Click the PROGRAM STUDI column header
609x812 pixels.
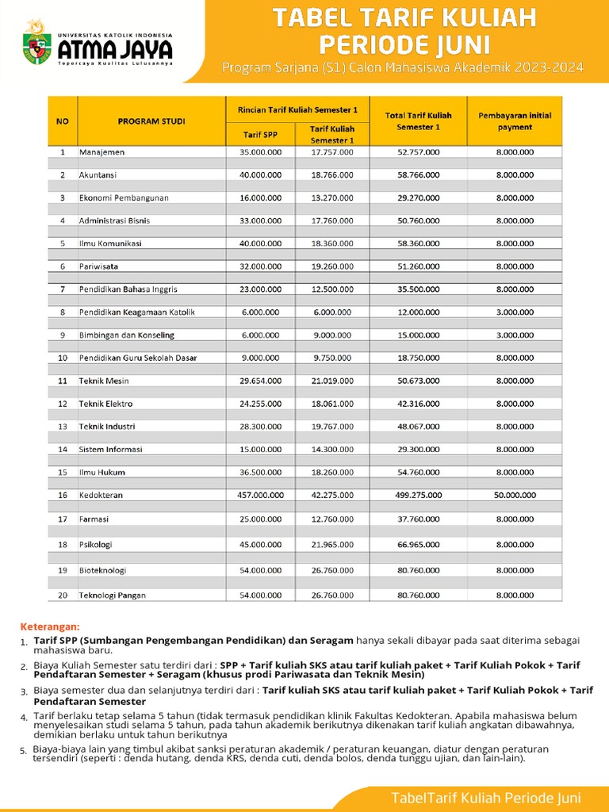pyautogui.click(x=151, y=121)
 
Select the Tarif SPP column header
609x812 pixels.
pyautogui.click(x=260, y=133)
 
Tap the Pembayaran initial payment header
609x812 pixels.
pyautogui.click(x=515, y=121)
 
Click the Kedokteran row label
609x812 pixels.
pyautogui.click(x=101, y=495)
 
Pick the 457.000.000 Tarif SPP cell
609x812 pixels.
pyautogui.click(x=260, y=495)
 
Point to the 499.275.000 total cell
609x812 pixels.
pyautogui.click(x=419, y=495)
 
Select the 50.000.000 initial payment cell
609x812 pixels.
pyautogui.click(x=515, y=495)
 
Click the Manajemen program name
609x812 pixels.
pyautogui.click(x=101, y=151)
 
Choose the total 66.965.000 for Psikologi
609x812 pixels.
pyautogui.click(x=419, y=545)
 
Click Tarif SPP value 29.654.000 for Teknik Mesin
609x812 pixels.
pyautogui.click(x=260, y=381)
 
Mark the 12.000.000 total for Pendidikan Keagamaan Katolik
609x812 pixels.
pyautogui.click(x=419, y=312)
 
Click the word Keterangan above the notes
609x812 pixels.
pyautogui.click(x=50, y=626)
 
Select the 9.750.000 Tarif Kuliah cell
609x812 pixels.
pyautogui.click(x=332, y=358)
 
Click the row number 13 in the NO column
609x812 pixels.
pyautogui.click(x=62, y=427)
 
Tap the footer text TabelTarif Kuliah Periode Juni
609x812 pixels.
pyautogui.click(x=486, y=797)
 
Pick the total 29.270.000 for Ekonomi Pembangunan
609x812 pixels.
pyautogui.click(x=419, y=197)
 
